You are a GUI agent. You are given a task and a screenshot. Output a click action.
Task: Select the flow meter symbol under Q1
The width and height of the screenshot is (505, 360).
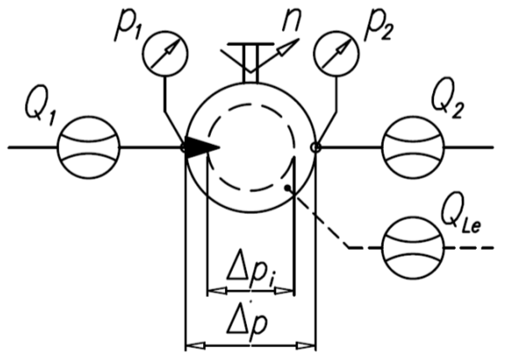tap(89, 148)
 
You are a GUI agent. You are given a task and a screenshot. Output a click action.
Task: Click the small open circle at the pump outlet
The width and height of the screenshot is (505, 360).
tap(315, 148)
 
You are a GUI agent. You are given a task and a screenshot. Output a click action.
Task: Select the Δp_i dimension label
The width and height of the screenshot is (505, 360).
tap(252, 271)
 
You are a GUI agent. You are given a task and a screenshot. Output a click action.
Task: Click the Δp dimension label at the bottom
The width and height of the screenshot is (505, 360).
tap(251, 323)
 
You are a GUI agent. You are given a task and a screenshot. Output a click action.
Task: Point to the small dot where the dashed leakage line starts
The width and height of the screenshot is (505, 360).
tap(287, 187)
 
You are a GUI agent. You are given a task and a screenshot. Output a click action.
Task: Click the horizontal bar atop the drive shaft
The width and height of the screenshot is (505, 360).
tap(250, 44)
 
